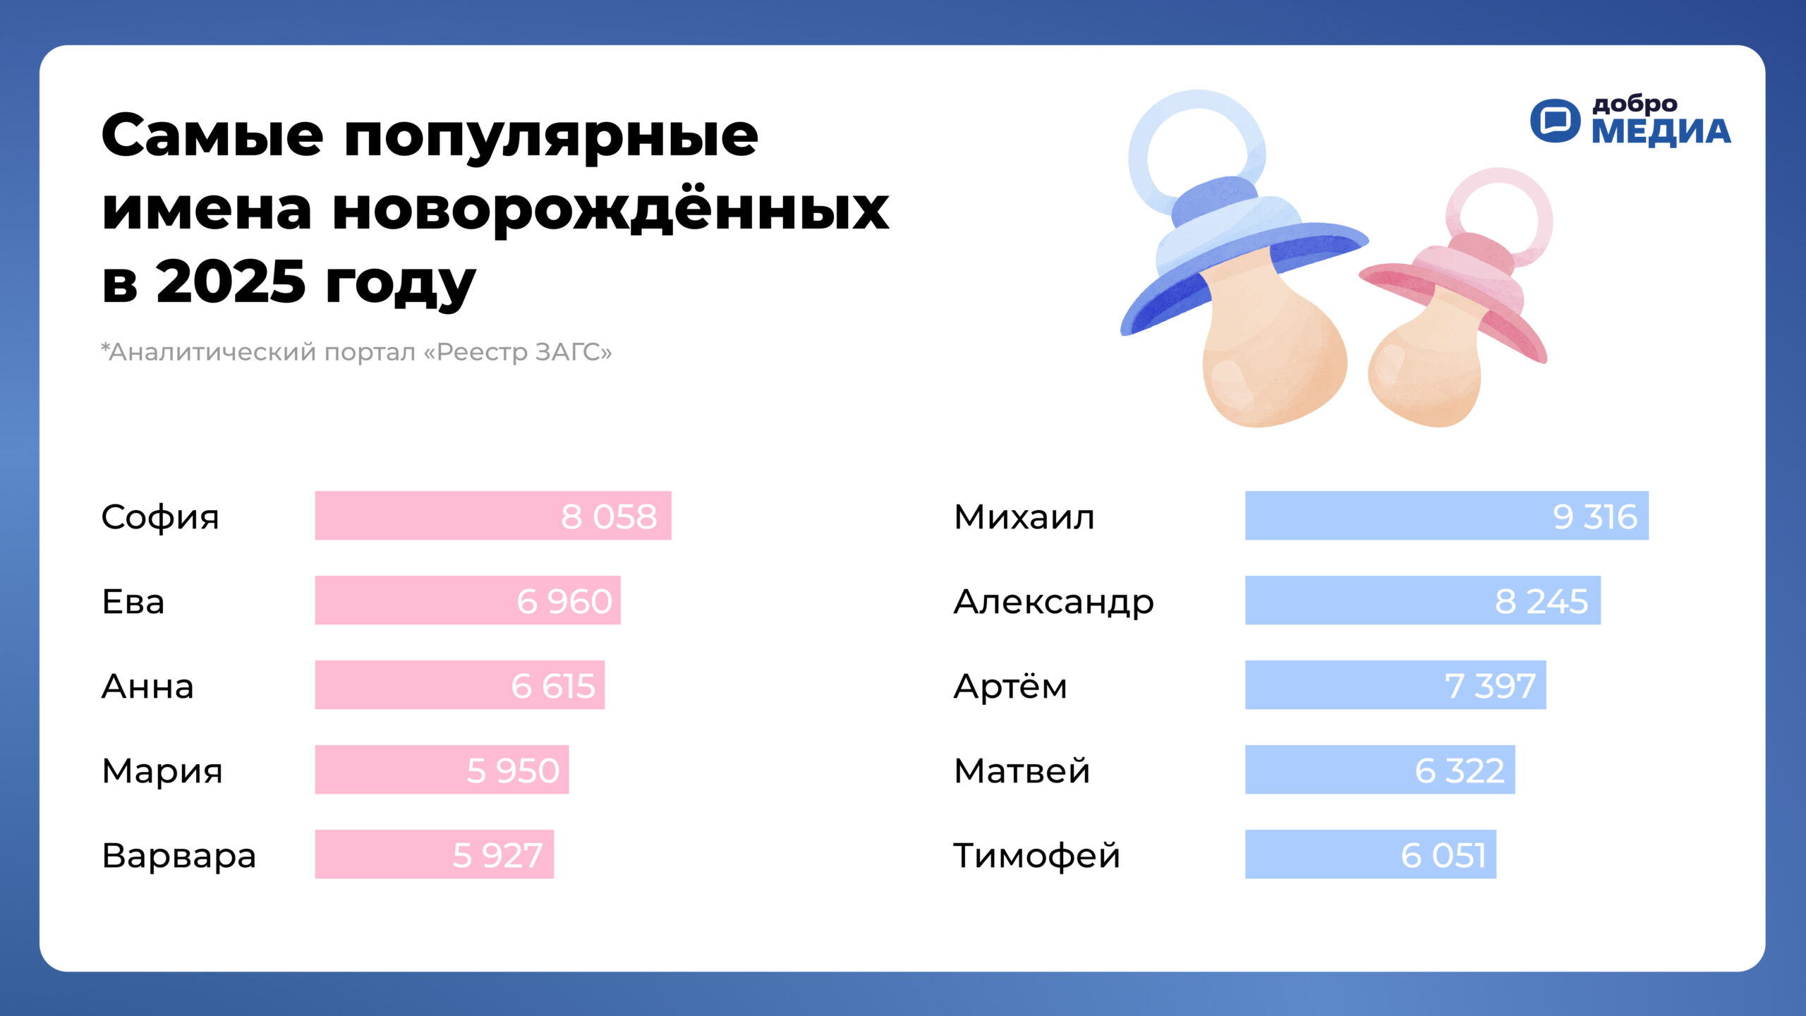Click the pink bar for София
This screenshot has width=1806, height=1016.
[x=493, y=516]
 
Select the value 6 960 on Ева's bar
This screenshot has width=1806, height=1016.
[x=564, y=602]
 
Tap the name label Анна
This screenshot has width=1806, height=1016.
[x=147, y=687]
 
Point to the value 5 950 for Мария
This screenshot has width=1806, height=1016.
[x=513, y=771]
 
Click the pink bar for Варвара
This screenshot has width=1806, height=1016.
[x=435, y=854]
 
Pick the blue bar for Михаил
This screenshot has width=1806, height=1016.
[x=1447, y=516]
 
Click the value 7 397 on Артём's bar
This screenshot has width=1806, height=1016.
[x=1490, y=687]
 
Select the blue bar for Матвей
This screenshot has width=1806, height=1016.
[x=1380, y=770]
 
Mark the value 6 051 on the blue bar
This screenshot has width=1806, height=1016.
[x=1443, y=856]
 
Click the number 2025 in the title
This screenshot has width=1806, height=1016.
[x=231, y=281]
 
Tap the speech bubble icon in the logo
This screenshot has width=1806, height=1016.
[x=1555, y=121]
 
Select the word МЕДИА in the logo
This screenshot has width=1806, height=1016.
[x=1661, y=132]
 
